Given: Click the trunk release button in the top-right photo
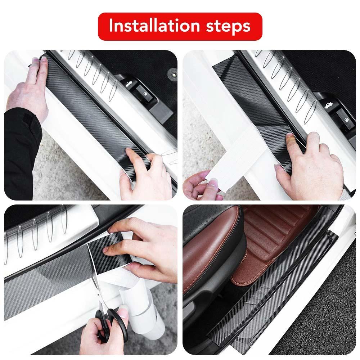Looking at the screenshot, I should click(x=325, y=106).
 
